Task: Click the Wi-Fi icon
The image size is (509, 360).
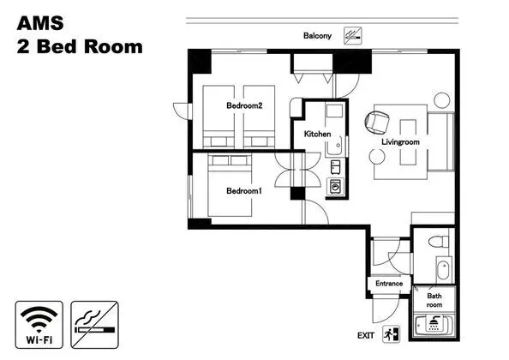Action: (39, 325)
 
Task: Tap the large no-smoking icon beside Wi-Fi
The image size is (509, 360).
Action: (94, 325)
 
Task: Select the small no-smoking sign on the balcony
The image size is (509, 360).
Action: (353, 36)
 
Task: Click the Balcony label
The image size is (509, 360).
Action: (317, 36)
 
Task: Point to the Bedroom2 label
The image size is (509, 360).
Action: (244, 105)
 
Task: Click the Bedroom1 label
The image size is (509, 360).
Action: (244, 191)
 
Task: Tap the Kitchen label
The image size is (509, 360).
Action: (317, 134)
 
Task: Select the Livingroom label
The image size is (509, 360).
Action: (400, 142)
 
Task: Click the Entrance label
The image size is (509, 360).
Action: (389, 284)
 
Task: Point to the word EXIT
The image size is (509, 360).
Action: (366, 336)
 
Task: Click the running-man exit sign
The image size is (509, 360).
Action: (391, 334)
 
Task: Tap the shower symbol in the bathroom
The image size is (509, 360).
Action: (434, 323)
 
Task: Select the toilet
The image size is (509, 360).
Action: (438, 242)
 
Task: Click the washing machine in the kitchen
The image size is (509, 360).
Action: (335, 187)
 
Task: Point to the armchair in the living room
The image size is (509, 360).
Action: (377, 123)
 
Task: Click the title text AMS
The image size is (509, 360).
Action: (40, 23)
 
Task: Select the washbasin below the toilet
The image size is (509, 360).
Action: (443, 270)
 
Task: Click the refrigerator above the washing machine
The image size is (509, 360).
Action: (335, 167)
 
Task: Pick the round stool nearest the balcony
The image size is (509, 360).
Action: (442, 100)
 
